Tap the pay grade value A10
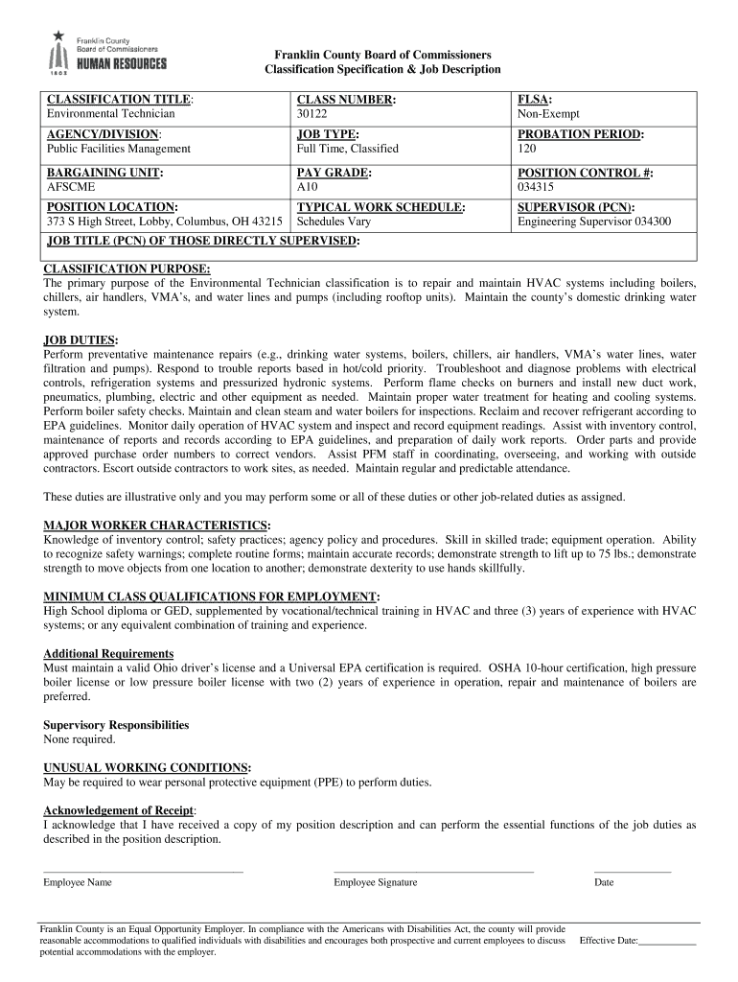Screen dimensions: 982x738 308,187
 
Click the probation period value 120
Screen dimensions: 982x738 527,149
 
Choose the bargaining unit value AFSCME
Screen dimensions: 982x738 71,187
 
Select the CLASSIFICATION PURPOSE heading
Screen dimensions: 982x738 127,269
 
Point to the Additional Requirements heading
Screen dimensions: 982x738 108,654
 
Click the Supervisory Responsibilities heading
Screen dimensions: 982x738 116,725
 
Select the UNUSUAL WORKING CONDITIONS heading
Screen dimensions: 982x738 148,768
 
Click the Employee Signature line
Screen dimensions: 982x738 433,871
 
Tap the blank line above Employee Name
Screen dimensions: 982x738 143,871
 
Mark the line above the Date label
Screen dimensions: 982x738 633,871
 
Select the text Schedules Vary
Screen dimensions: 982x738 334,222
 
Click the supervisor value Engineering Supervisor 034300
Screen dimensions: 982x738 594,222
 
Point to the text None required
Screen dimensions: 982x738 80,739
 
